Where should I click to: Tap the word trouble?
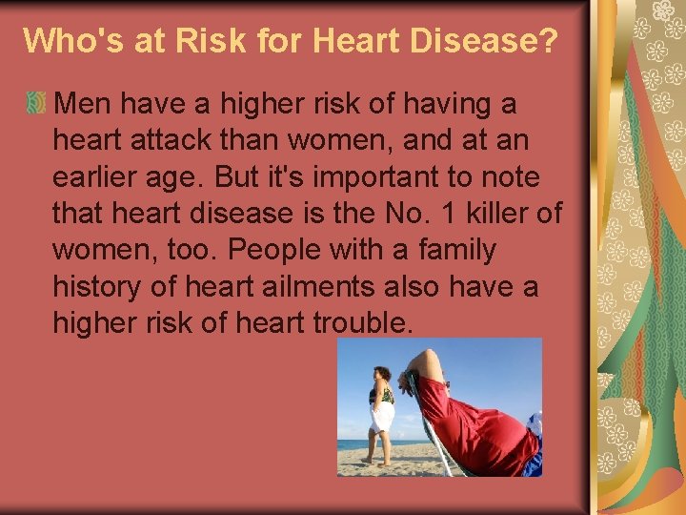pyautogui.click(x=362, y=322)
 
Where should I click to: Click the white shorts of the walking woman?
pyautogui.click(x=383, y=416)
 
